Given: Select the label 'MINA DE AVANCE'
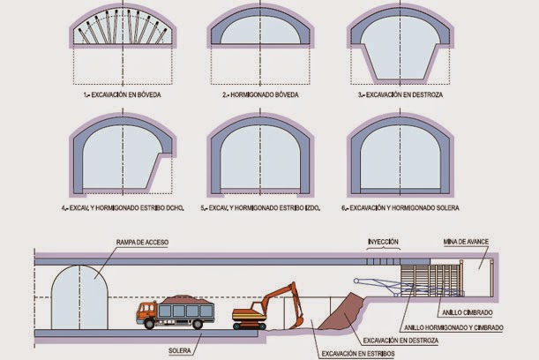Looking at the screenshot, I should coord(468,241).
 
